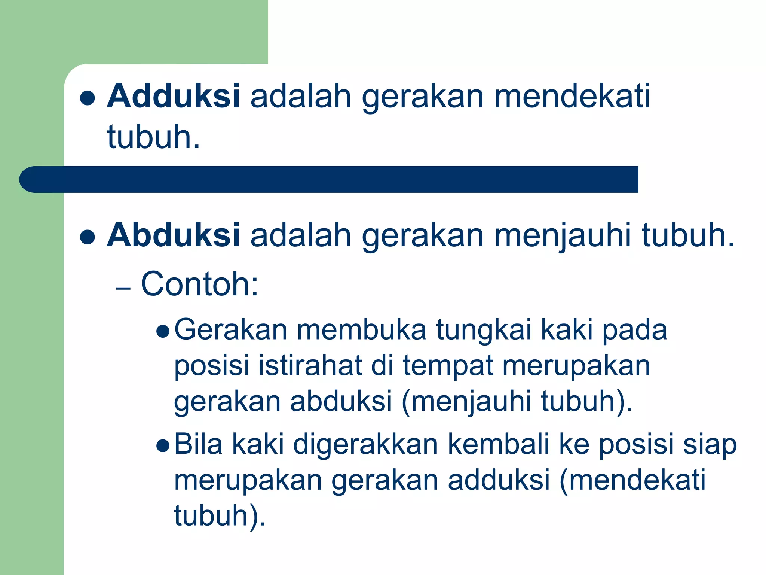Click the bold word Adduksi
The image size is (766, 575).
pos(173,96)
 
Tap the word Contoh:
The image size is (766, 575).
pos(199,284)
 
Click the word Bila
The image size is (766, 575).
pos(198,444)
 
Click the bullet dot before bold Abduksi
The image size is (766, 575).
pos(88,237)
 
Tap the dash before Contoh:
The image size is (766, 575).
pos(123,289)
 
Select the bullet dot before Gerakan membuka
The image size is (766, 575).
pos(163,331)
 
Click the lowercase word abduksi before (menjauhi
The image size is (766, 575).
pos(341,401)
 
